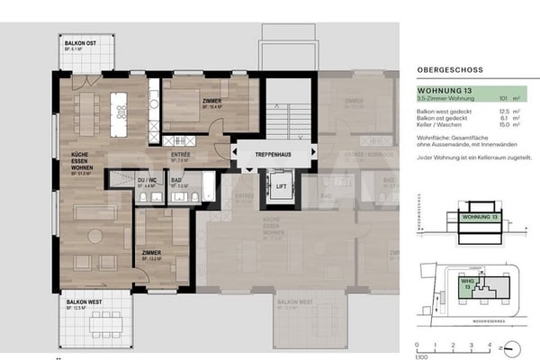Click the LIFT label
point(281,189)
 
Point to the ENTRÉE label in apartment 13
point(180,155)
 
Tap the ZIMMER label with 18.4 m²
point(212,102)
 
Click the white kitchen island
point(119,112)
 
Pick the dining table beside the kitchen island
point(87,112)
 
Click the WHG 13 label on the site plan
point(467,283)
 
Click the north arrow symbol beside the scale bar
point(512,346)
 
